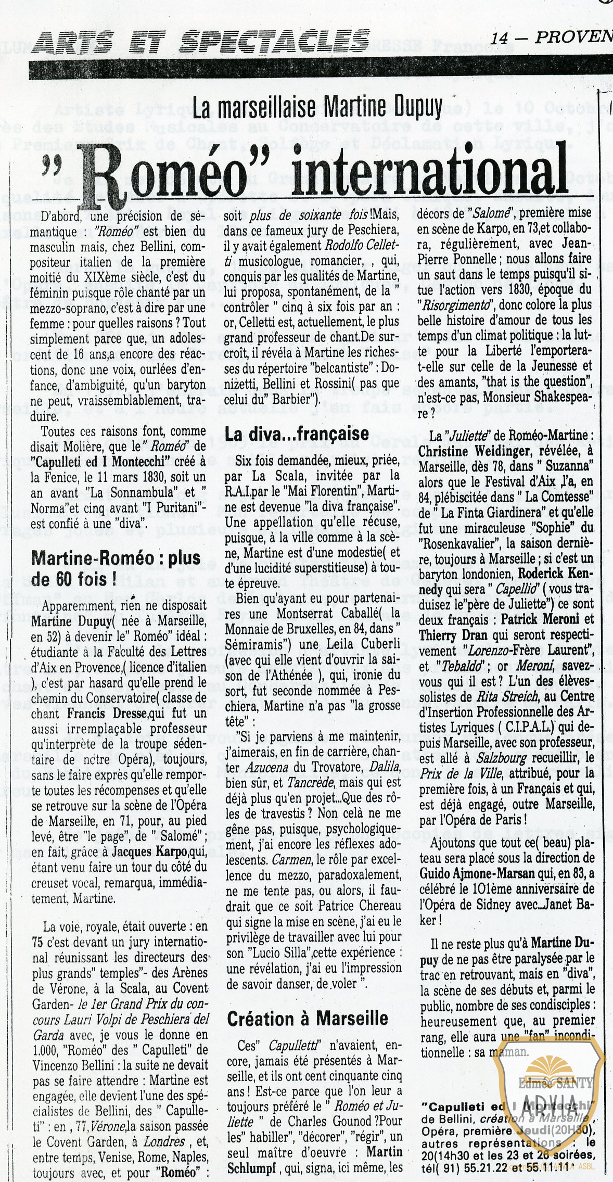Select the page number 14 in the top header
(499, 37)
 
